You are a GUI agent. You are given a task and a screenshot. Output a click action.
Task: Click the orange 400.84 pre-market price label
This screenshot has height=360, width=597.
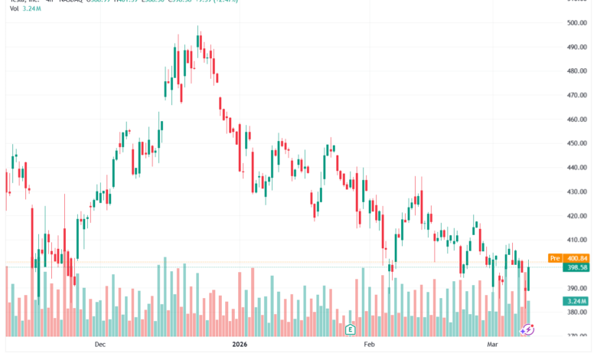click(x=578, y=259)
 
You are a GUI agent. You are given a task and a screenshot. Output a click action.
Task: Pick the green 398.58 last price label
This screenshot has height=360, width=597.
click(x=578, y=267)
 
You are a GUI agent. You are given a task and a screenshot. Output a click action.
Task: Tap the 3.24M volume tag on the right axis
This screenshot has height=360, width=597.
click(x=578, y=301)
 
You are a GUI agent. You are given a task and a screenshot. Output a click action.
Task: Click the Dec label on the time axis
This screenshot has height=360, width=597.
click(x=99, y=345)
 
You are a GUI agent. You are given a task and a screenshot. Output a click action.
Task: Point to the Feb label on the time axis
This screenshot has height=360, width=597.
click(x=370, y=345)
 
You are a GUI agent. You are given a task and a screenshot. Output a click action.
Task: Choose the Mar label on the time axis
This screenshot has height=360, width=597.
click(x=492, y=345)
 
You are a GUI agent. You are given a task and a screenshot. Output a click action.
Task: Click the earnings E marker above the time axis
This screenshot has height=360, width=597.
click(x=350, y=329)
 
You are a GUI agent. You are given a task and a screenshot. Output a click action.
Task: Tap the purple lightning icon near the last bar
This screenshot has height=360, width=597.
click(x=527, y=329)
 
